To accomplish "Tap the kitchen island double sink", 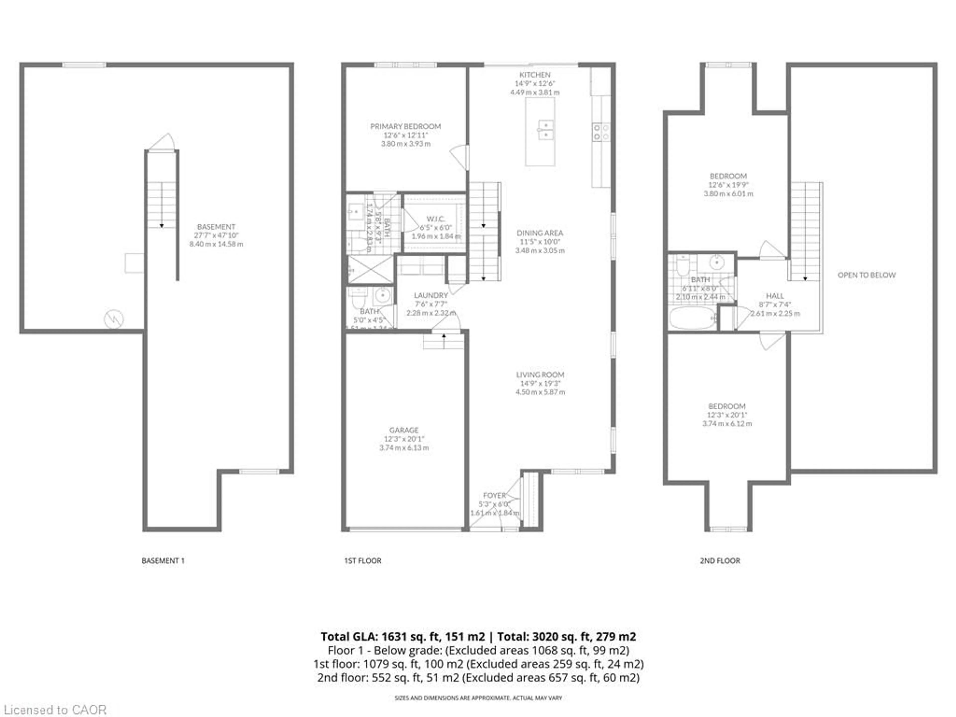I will pyautogui.click(x=545, y=130).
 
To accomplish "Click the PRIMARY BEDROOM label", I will pyautogui.click(x=405, y=126).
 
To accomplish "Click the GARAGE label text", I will pyautogui.click(x=404, y=430).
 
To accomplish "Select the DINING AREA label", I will pyautogui.click(x=540, y=233).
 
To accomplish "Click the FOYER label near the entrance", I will pyautogui.click(x=494, y=495).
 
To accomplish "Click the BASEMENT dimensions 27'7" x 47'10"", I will pyautogui.click(x=216, y=236).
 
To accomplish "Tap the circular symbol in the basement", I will pyautogui.click(x=114, y=319).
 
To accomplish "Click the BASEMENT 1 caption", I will pyautogui.click(x=163, y=561).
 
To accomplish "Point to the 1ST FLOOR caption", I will pyautogui.click(x=362, y=561).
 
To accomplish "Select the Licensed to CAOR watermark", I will pyautogui.click(x=55, y=710).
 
